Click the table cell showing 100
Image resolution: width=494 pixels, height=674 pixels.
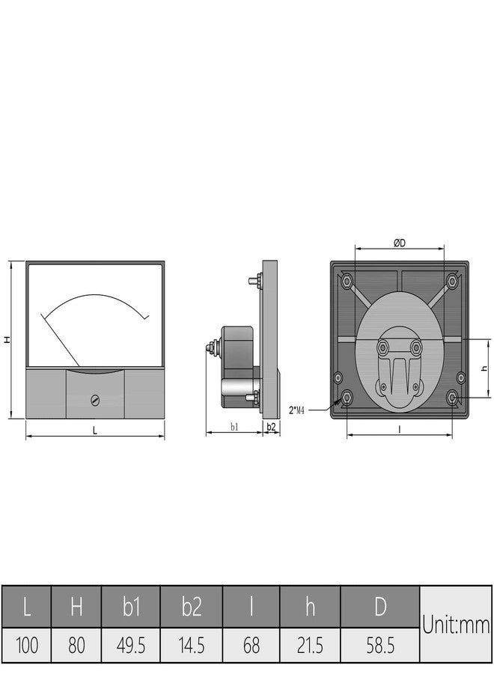[x=26, y=646]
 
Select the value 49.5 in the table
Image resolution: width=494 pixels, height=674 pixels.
[x=130, y=646]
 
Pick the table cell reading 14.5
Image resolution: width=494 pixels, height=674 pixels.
[x=191, y=646]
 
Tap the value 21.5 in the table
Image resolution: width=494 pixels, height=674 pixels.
[x=310, y=646]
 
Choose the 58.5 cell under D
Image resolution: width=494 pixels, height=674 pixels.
[x=379, y=646]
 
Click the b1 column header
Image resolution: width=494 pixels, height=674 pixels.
[x=130, y=607]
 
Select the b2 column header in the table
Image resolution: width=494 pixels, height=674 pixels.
[x=191, y=607]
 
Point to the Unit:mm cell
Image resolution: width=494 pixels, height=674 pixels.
[x=455, y=624]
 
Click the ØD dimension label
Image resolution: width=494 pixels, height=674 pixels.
[x=399, y=243]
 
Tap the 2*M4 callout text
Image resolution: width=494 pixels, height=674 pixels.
[x=296, y=410]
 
